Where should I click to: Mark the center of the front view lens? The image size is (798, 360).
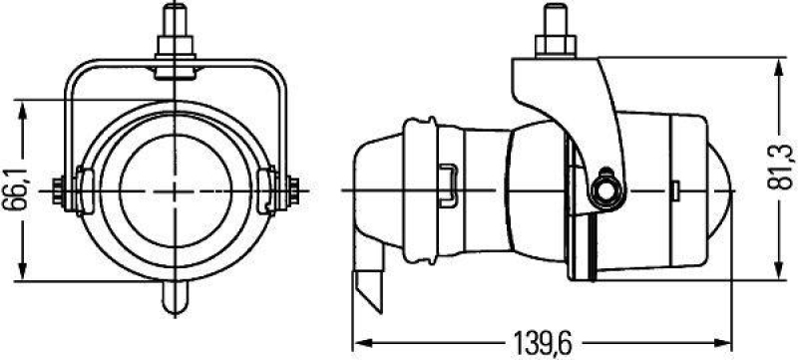177,188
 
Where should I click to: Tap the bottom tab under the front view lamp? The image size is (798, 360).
177,296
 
